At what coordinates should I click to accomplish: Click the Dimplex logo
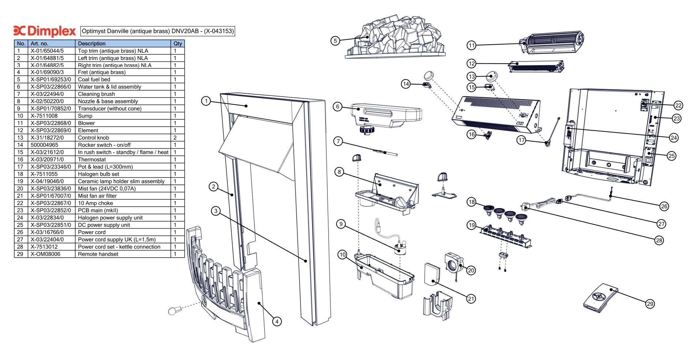[44, 31]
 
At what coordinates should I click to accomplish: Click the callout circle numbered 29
[650, 304]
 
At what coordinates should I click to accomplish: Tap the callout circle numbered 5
[335, 41]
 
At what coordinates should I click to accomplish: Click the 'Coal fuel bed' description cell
[94, 79]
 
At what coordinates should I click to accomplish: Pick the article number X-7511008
[44, 116]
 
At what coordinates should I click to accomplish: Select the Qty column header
[177, 44]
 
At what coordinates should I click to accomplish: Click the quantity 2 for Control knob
[175, 138]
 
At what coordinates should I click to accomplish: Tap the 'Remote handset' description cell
[98, 254]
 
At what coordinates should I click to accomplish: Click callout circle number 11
[471, 45]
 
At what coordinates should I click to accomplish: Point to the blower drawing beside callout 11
[551, 42]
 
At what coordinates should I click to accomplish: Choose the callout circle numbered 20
[471, 270]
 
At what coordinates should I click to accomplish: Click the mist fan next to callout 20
[454, 262]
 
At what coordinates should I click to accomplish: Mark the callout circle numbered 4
[277, 321]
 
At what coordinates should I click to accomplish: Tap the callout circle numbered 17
[521, 140]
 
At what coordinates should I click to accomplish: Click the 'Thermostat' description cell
[92, 160]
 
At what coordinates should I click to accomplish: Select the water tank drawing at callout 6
[386, 115]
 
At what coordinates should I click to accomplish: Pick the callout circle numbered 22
[678, 105]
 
